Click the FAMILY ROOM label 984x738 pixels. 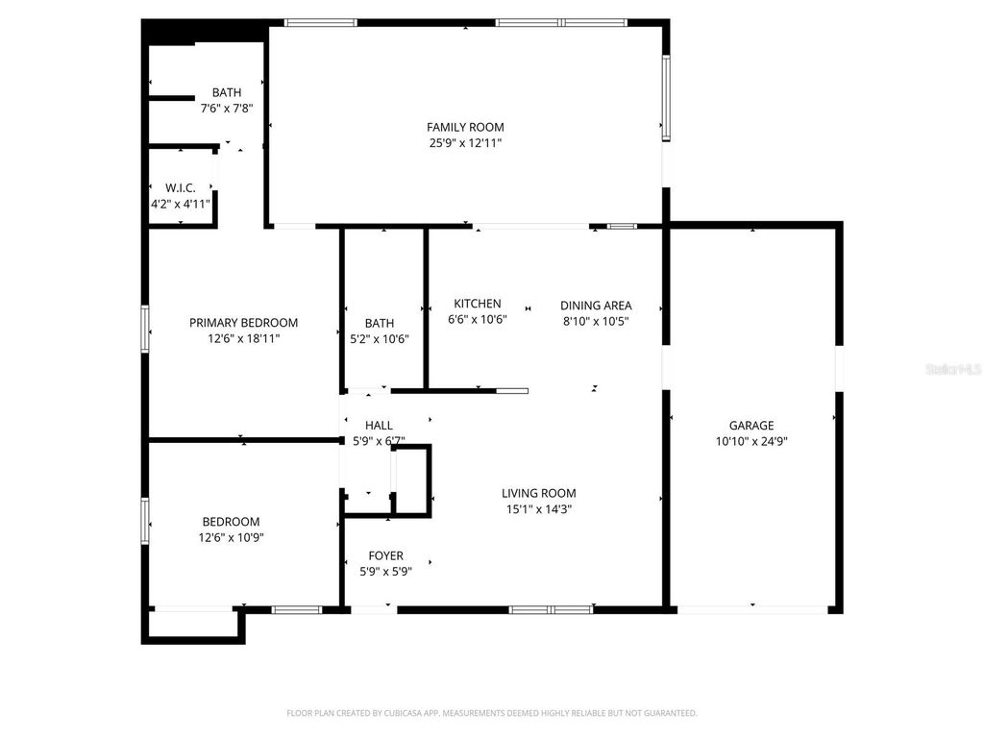[465, 127]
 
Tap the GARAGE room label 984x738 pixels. [750, 426]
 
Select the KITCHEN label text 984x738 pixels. [478, 304]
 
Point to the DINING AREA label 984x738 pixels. [596, 306]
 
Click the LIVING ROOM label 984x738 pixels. [538, 493]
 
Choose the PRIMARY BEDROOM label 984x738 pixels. [243, 323]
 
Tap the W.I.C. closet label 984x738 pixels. [181, 187]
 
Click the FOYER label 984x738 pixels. [386, 555]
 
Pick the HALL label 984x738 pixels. [379, 425]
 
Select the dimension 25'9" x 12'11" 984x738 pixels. [465, 143]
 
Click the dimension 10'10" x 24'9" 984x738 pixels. [750, 442]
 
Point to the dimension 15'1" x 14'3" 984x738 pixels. [538, 509]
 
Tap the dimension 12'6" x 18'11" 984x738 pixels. [243, 339]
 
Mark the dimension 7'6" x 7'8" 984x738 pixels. [227, 109]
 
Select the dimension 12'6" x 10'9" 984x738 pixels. [231, 538]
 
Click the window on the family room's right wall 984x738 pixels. [664, 98]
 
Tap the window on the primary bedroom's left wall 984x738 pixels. [145, 329]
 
